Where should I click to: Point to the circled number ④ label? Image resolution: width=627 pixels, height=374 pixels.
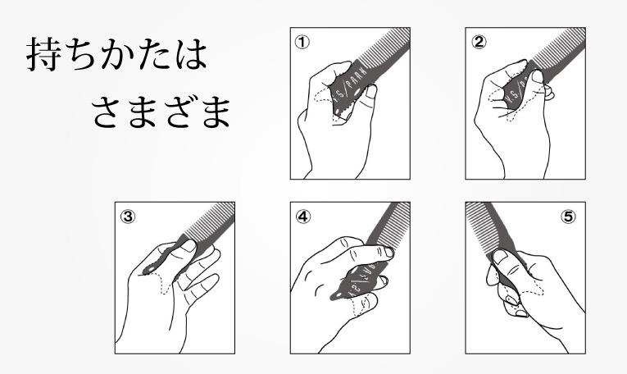pyautogui.click(x=303, y=217)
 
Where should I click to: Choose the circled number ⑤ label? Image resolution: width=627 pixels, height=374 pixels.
pyautogui.click(x=568, y=217)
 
